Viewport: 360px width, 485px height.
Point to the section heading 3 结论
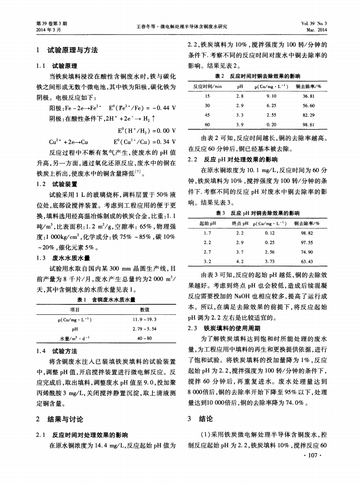click(199, 419)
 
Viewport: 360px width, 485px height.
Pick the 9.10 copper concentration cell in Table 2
click(272, 96)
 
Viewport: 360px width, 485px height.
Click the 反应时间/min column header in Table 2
click(208, 86)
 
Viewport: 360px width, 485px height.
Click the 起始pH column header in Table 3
click(208, 224)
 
